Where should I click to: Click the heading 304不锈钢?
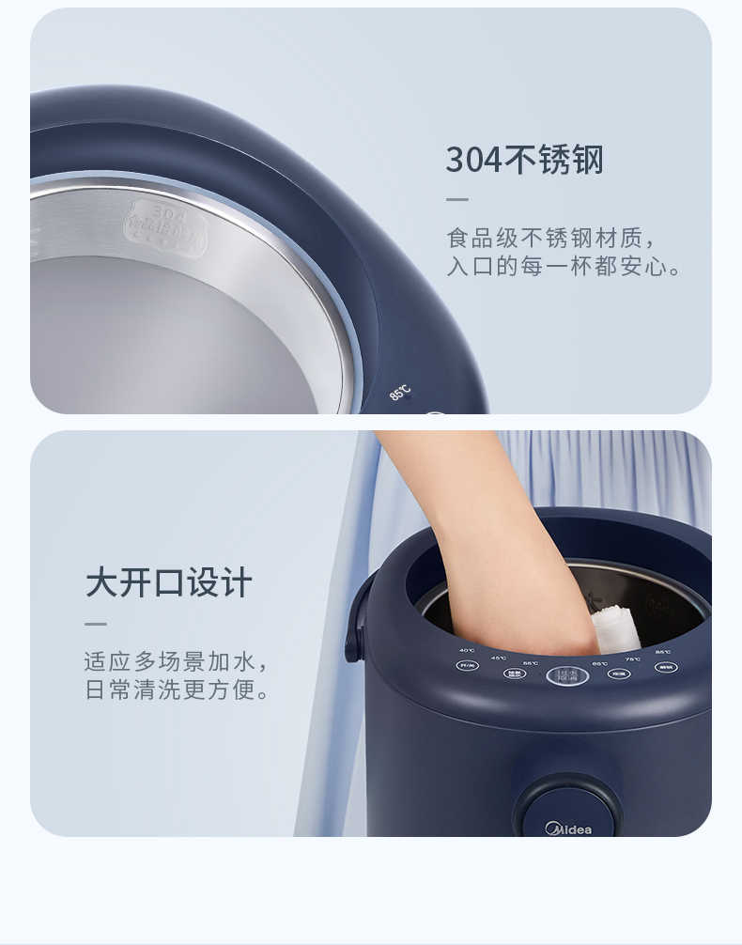tap(524, 161)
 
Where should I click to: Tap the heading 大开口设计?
tap(169, 582)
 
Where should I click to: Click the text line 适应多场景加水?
tap(177, 660)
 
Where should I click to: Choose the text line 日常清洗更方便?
tap(177, 690)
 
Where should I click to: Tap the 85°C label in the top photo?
tap(400, 392)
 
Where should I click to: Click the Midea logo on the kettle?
tap(569, 829)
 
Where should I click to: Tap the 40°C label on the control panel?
tap(467, 650)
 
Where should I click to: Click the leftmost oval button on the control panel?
tap(467, 665)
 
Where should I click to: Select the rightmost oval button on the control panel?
tap(666, 667)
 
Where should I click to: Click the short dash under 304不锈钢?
tap(456, 199)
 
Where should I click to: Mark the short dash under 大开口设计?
tap(96, 623)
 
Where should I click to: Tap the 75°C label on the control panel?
tap(633, 658)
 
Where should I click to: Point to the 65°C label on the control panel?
tap(599, 663)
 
